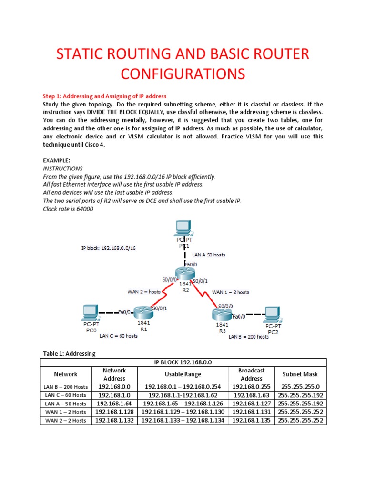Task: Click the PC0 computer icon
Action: coord(91,312)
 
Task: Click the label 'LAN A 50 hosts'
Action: coord(209,255)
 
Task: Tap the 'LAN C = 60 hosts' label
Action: coord(118,336)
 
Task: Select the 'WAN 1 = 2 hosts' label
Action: coord(230,292)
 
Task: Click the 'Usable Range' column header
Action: coord(183,374)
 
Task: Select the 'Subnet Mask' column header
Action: coord(300,374)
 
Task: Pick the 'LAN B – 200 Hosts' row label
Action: coord(65,386)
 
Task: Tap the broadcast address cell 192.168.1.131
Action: coord(251,412)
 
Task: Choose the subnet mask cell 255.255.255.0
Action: coord(300,386)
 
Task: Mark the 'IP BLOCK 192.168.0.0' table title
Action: coord(183,362)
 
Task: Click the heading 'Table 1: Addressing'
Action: coord(69,353)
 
